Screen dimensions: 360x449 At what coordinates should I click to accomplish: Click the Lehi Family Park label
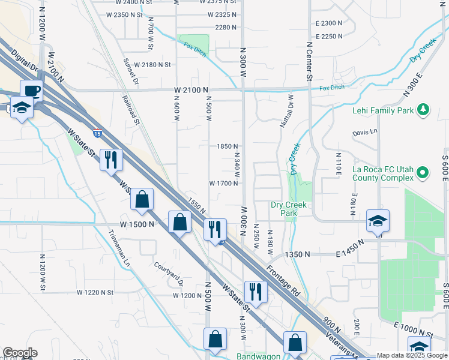click(384, 110)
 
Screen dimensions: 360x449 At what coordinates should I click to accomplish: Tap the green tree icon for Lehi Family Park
click(424, 109)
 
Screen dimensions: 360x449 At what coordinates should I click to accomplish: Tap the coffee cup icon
click(32, 91)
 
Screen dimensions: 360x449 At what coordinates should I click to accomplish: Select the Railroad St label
click(130, 110)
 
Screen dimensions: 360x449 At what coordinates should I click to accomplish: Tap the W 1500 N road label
click(137, 224)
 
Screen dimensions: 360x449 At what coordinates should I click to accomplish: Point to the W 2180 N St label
click(152, 64)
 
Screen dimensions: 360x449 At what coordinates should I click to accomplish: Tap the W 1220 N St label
click(95, 292)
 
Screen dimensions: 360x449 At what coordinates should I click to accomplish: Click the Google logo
click(20, 353)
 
